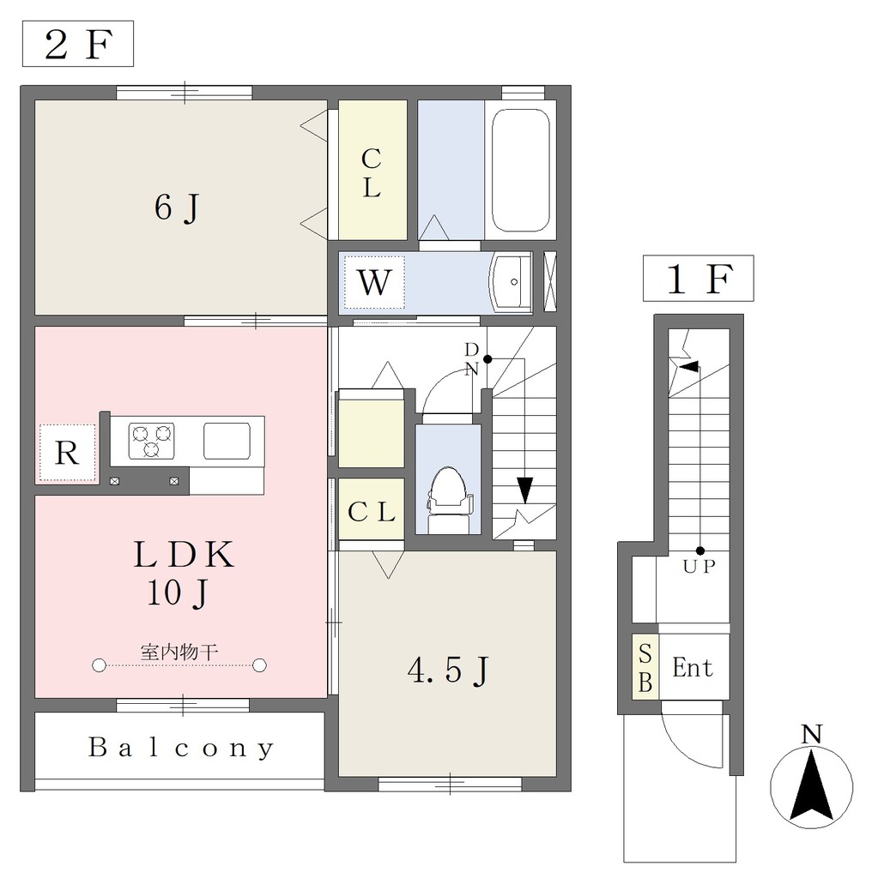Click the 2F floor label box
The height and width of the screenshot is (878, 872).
pyautogui.click(x=78, y=44)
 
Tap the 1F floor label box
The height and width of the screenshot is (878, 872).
pyautogui.click(x=699, y=279)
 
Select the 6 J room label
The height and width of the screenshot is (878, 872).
pyautogui.click(x=177, y=207)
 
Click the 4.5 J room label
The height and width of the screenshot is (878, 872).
pyautogui.click(x=448, y=671)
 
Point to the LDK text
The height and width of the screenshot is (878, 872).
pyautogui.click(x=184, y=555)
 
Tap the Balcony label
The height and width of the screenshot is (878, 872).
pyautogui.click(x=181, y=748)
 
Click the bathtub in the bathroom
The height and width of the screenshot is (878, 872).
pyautogui.click(x=520, y=171)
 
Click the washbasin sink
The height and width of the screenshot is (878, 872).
pyautogui.click(x=511, y=281)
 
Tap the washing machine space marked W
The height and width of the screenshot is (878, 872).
pyautogui.click(x=374, y=281)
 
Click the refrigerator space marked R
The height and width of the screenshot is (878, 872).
pyautogui.click(x=67, y=453)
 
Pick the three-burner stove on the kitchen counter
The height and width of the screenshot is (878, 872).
pyautogui.click(x=151, y=441)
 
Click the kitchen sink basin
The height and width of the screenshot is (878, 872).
pyautogui.click(x=227, y=441)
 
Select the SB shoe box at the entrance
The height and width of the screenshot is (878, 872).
pyautogui.click(x=645, y=667)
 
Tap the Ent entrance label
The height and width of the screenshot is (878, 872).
pyautogui.click(x=693, y=668)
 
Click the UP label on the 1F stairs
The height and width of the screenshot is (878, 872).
pyautogui.click(x=699, y=567)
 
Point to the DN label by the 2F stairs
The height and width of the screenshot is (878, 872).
pyautogui.click(x=472, y=359)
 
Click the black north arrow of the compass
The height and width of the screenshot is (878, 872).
pyautogui.click(x=811, y=785)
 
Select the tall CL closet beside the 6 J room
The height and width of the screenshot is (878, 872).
pyautogui.click(x=372, y=171)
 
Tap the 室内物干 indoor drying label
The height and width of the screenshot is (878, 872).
pyautogui.click(x=179, y=652)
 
